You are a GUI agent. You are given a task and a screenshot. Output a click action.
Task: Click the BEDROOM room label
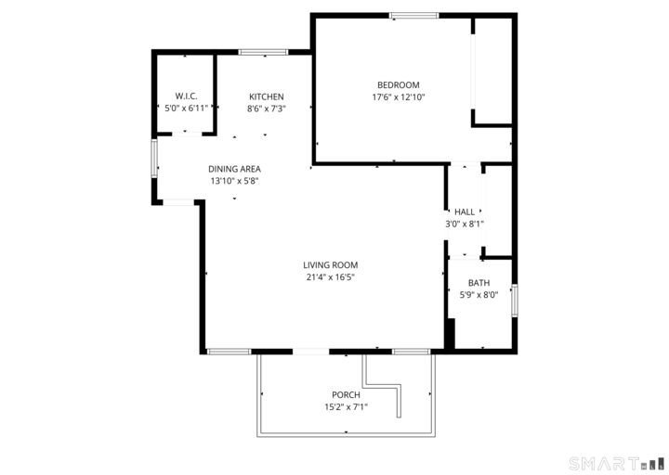[x=398, y=84]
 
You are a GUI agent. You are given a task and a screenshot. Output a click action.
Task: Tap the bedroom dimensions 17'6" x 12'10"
[x=398, y=96]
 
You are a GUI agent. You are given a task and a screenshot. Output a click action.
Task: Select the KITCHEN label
[x=266, y=96]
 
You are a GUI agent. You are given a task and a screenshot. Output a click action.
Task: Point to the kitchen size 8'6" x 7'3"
[x=266, y=109]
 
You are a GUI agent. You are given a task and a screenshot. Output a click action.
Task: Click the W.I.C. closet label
[x=186, y=96]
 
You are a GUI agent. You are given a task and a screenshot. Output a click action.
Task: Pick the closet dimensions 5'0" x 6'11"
[x=186, y=109]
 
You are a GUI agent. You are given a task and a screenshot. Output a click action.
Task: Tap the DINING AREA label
[x=233, y=169]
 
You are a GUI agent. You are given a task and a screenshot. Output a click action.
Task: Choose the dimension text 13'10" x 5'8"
[x=233, y=181]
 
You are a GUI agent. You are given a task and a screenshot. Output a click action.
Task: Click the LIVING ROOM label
[x=330, y=264]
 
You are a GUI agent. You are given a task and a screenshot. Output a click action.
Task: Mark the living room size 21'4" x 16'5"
[x=330, y=276]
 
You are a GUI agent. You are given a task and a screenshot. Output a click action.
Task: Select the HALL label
[x=465, y=212]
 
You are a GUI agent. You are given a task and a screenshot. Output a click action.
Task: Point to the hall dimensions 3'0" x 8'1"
[x=465, y=224]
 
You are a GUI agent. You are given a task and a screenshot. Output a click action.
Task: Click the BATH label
[x=479, y=283]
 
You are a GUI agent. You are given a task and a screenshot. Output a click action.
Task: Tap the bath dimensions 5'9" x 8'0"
[x=479, y=295]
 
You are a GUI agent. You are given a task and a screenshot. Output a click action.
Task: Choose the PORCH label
[x=346, y=394]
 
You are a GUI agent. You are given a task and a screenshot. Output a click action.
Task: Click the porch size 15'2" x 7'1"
[x=346, y=406]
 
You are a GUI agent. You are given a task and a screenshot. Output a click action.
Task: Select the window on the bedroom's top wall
[x=414, y=15]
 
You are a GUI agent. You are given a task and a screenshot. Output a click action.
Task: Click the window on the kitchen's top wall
[x=263, y=52]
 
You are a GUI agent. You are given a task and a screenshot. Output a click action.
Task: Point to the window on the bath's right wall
[x=515, y=302]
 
